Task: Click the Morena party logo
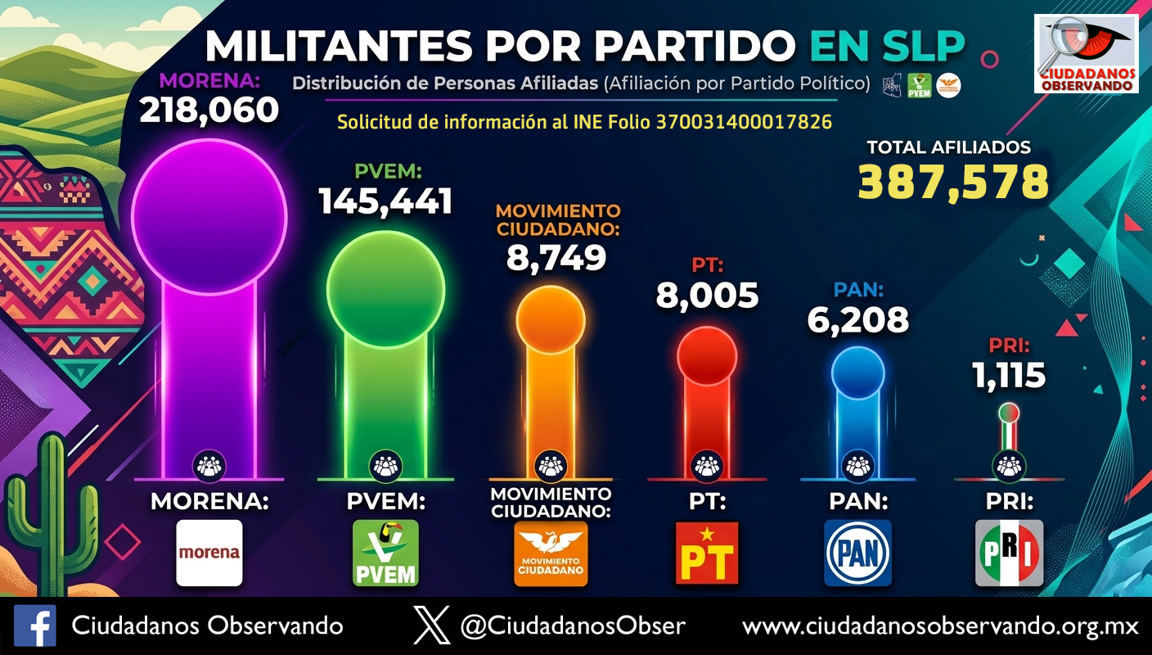[x=209, y=553]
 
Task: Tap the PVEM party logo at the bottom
[x=385, y=553]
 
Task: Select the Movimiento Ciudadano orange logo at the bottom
[x=551, y=554]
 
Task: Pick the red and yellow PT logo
[x=707, y=553]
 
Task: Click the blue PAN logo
[x=857, y=553]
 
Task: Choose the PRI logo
[x=1009, y=553]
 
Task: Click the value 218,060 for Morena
[x=209, y=110]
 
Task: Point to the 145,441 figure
[x=385, y=201]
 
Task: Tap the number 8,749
[x=556, y=257]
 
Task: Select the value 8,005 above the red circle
[x=707, y=296]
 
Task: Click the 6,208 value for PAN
[x=857, y=320]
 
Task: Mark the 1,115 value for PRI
[x=1009, y=376]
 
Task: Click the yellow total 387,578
[x=953, y=182]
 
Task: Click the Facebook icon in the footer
[x=35, y=626]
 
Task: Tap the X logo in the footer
[x=431, y=626]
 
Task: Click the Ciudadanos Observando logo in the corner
[x=1086, y=53]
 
